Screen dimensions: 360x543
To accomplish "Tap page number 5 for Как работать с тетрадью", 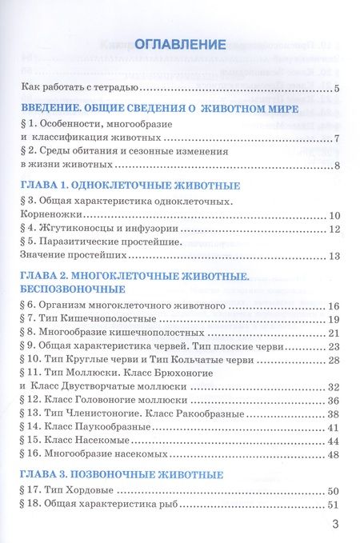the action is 338,89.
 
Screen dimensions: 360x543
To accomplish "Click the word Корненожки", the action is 48,216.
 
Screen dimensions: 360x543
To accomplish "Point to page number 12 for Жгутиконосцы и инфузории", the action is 335,230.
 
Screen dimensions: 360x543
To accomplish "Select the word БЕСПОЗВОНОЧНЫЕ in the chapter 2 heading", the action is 69,289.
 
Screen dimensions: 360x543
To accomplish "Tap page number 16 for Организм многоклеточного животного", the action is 335,306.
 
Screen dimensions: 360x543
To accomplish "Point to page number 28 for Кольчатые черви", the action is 335,360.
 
